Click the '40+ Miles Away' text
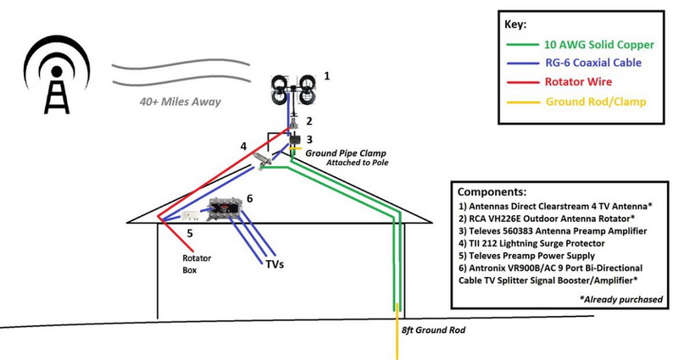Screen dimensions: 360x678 [x=181, y=102]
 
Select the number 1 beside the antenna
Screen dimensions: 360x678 [x=327, y=75]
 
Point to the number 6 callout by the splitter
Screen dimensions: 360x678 [x=249, y=197]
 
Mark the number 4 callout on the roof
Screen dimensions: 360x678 [x=243, y=146]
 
